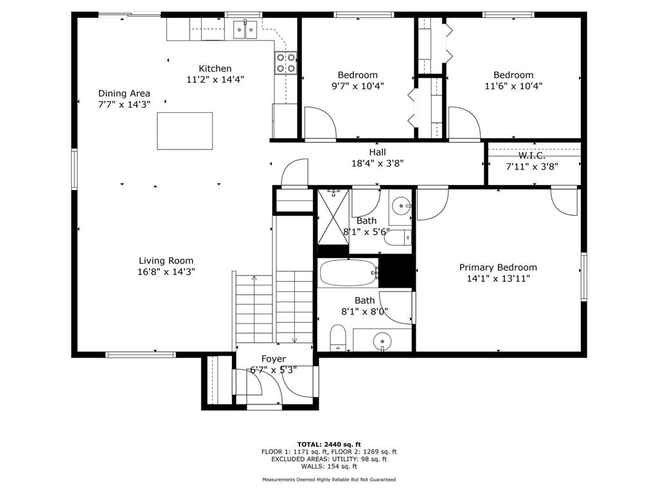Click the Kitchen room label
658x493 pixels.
point(215,68)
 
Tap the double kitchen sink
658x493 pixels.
point(245,30)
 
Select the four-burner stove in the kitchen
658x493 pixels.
point(286,63)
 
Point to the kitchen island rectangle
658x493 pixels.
point(184,131)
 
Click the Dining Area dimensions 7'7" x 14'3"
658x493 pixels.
point(124,105)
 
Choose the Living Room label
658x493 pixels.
point(166,261)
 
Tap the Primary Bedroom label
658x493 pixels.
point(498,268)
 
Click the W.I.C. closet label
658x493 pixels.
point(531,155)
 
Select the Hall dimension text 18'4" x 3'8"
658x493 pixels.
point(378,163)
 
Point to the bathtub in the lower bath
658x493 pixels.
point(349,273)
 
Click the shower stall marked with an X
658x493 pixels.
point(333,217)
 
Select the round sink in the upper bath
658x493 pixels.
point(401,206)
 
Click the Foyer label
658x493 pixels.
point(274,359)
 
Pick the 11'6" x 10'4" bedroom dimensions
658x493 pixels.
point(513,86)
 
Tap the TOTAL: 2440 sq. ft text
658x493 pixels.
point(329,444)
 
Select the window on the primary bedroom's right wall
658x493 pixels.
point(583,277)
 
